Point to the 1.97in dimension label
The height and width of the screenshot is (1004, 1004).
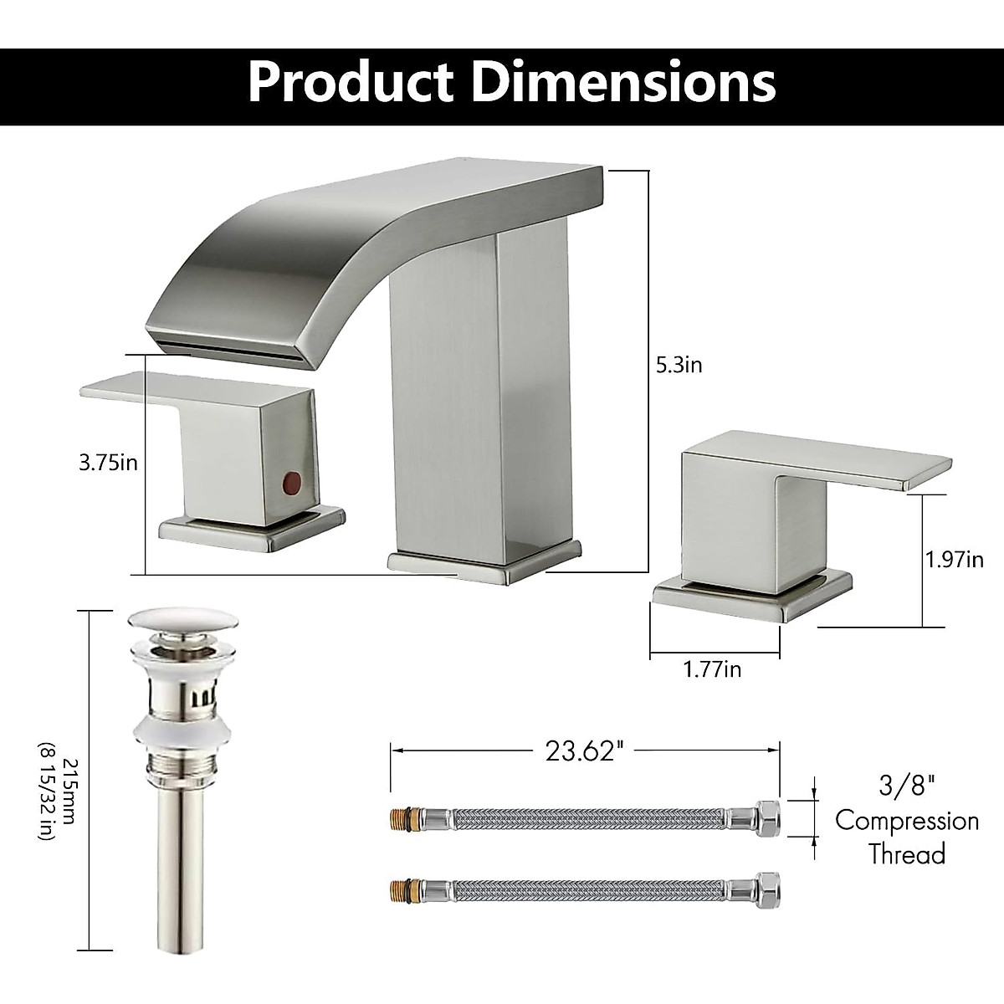click(954, 559)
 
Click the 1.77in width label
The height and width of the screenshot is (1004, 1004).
click(712, 668)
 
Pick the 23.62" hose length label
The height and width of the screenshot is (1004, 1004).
click(585, 750)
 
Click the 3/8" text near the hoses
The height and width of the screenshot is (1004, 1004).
click(907, 786)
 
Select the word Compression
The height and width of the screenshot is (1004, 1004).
click(907, 820)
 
